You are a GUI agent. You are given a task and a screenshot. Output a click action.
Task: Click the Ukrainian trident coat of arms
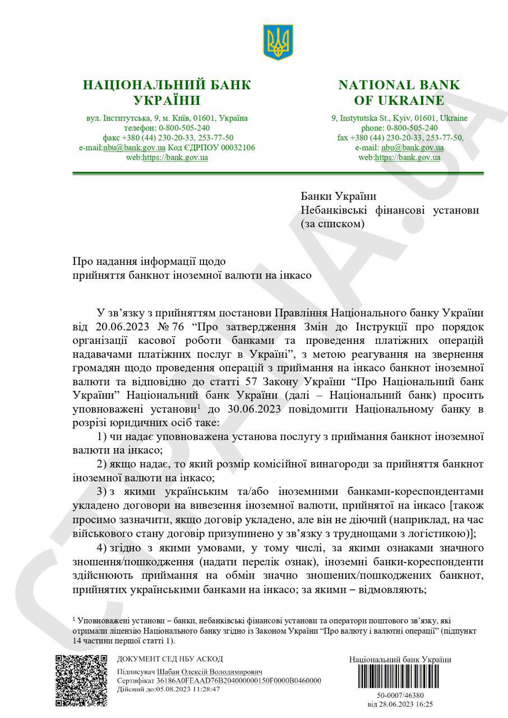[279, 42]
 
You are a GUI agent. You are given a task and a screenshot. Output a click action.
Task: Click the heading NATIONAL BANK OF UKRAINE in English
[399, 93]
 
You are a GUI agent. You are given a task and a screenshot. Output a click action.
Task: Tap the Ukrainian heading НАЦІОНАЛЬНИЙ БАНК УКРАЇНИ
[167, 93]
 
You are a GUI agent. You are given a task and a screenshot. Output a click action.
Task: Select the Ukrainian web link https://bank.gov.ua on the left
[175, 158]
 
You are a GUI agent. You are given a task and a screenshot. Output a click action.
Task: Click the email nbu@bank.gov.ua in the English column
[413, 148]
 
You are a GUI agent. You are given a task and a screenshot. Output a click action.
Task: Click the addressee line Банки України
[338, 196]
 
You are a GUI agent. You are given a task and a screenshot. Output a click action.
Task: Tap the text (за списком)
[332, 224]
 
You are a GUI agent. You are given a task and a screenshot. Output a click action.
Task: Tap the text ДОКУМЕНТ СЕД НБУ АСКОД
[170, 659]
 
